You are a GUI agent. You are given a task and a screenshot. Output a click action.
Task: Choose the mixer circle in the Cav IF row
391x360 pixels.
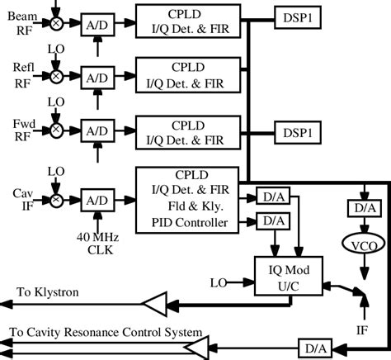click(55, 200)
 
